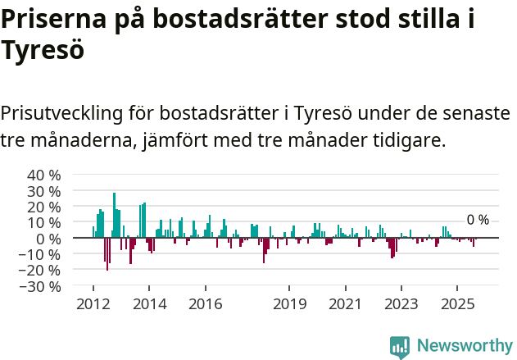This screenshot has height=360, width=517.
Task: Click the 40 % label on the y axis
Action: tap(44, 175)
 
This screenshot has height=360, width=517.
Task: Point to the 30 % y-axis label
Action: tap(44, 191)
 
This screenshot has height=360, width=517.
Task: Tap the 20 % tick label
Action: tap(44, 207)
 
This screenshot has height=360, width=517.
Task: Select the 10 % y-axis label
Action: tap(44, 223)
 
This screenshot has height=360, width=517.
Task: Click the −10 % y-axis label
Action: tap(42, 254)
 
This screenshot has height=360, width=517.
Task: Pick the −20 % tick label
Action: tap(42, 271)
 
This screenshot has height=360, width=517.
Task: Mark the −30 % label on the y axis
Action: tap(42, 286)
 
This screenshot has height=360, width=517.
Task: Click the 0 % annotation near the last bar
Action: tap(478, 220)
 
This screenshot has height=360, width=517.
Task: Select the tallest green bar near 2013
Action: tap(114, 216)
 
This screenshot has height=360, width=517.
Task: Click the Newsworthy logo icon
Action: tap(400, 346)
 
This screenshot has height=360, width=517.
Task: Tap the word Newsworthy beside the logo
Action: tap(464, 346)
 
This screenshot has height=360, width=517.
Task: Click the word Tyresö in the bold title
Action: tap(43, 50)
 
